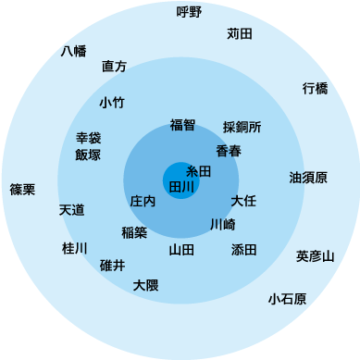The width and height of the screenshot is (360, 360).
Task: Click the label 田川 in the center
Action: pos(181,186)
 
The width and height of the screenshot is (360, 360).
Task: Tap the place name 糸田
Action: pos(199,171)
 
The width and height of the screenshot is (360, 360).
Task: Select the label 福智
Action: pos(182,125)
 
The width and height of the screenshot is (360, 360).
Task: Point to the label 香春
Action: pos(229,150)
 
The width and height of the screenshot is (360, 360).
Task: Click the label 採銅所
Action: pos(242,127)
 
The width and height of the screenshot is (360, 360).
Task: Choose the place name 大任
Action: pos(243,200)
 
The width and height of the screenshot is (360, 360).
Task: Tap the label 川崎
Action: pos(222,224)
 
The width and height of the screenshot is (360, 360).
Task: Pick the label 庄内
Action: pos(143,200)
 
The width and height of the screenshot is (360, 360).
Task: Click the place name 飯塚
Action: pos(88,155)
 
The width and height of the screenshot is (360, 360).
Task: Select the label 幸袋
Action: pos(88,138)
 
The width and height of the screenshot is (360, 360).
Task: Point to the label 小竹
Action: pos(111,103)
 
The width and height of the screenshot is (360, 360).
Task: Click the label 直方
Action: pos(115,67)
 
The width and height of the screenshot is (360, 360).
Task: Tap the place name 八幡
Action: pos(73,51)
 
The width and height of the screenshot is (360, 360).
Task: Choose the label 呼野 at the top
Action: pos(189,12)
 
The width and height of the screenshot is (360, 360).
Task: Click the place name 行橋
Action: pos(315,89)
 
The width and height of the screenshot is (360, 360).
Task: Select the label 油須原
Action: pos(307,177)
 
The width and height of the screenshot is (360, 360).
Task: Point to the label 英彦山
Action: pos(315,255)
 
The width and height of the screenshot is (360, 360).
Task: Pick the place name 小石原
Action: pos(287,299)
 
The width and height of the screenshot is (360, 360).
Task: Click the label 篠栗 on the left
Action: pos(22,190)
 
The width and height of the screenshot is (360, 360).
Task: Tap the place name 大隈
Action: pos(145,285)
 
